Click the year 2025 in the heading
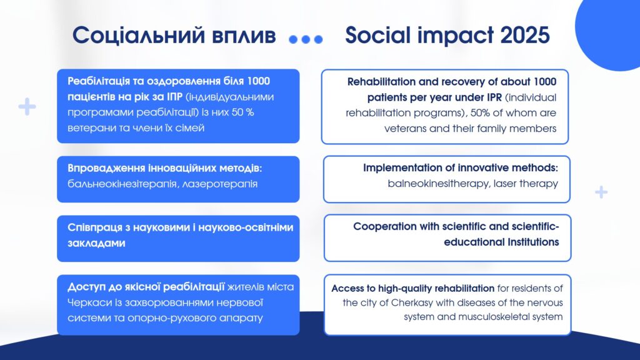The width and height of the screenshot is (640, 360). click(x=524, y=35)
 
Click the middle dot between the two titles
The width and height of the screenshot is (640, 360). click(x=306, y=39)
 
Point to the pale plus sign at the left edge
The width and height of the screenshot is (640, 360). click(x=27, y=106)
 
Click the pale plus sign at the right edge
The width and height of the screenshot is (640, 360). click(x=601, y=192)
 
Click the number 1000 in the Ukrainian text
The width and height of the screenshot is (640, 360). click(x=258, y=81)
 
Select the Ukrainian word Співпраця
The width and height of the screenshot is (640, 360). click(x=95, y=227)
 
